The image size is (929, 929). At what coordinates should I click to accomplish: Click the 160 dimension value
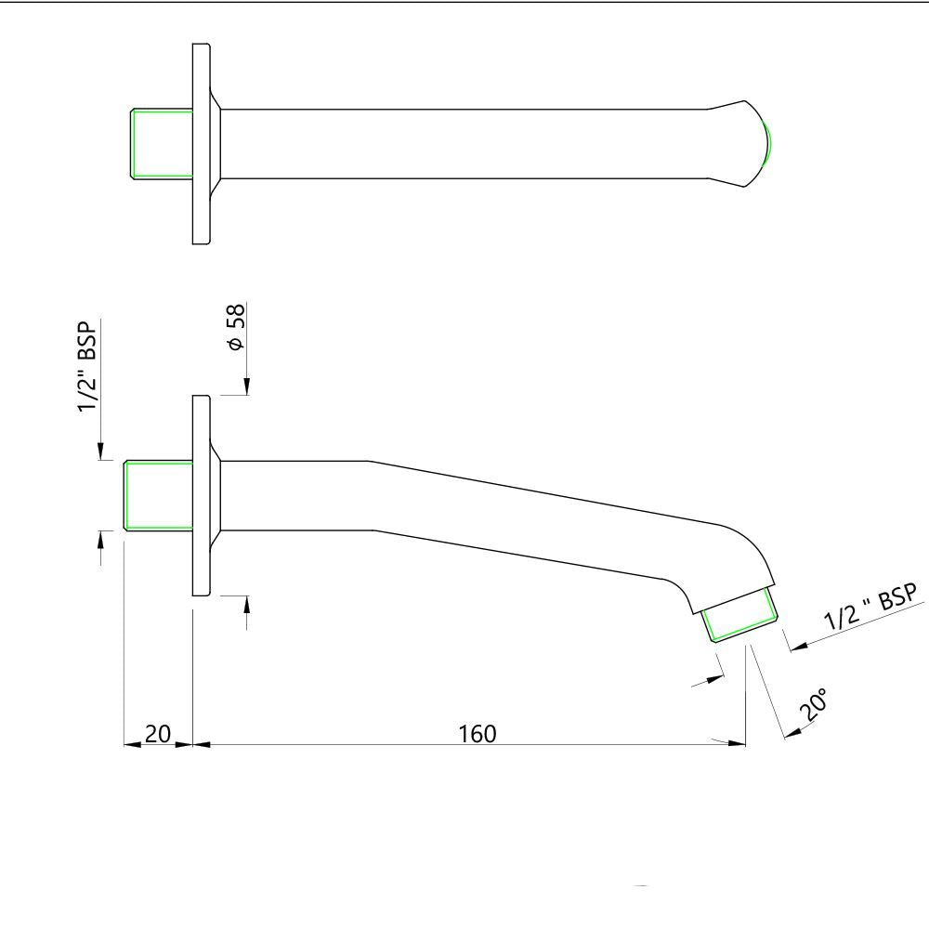pos(478,733)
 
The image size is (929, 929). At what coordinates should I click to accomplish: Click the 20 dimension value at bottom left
pos(158,733)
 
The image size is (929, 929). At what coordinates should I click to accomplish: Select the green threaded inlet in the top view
pos(160,144)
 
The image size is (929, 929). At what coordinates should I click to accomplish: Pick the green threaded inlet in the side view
pos(158,495)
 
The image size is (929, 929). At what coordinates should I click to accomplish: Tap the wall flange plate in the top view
pos(201,144)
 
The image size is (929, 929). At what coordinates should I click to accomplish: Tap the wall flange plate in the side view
pos(201,495)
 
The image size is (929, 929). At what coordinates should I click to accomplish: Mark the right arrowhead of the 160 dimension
pos(739,743)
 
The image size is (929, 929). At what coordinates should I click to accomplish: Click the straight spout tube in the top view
pos(464,144)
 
